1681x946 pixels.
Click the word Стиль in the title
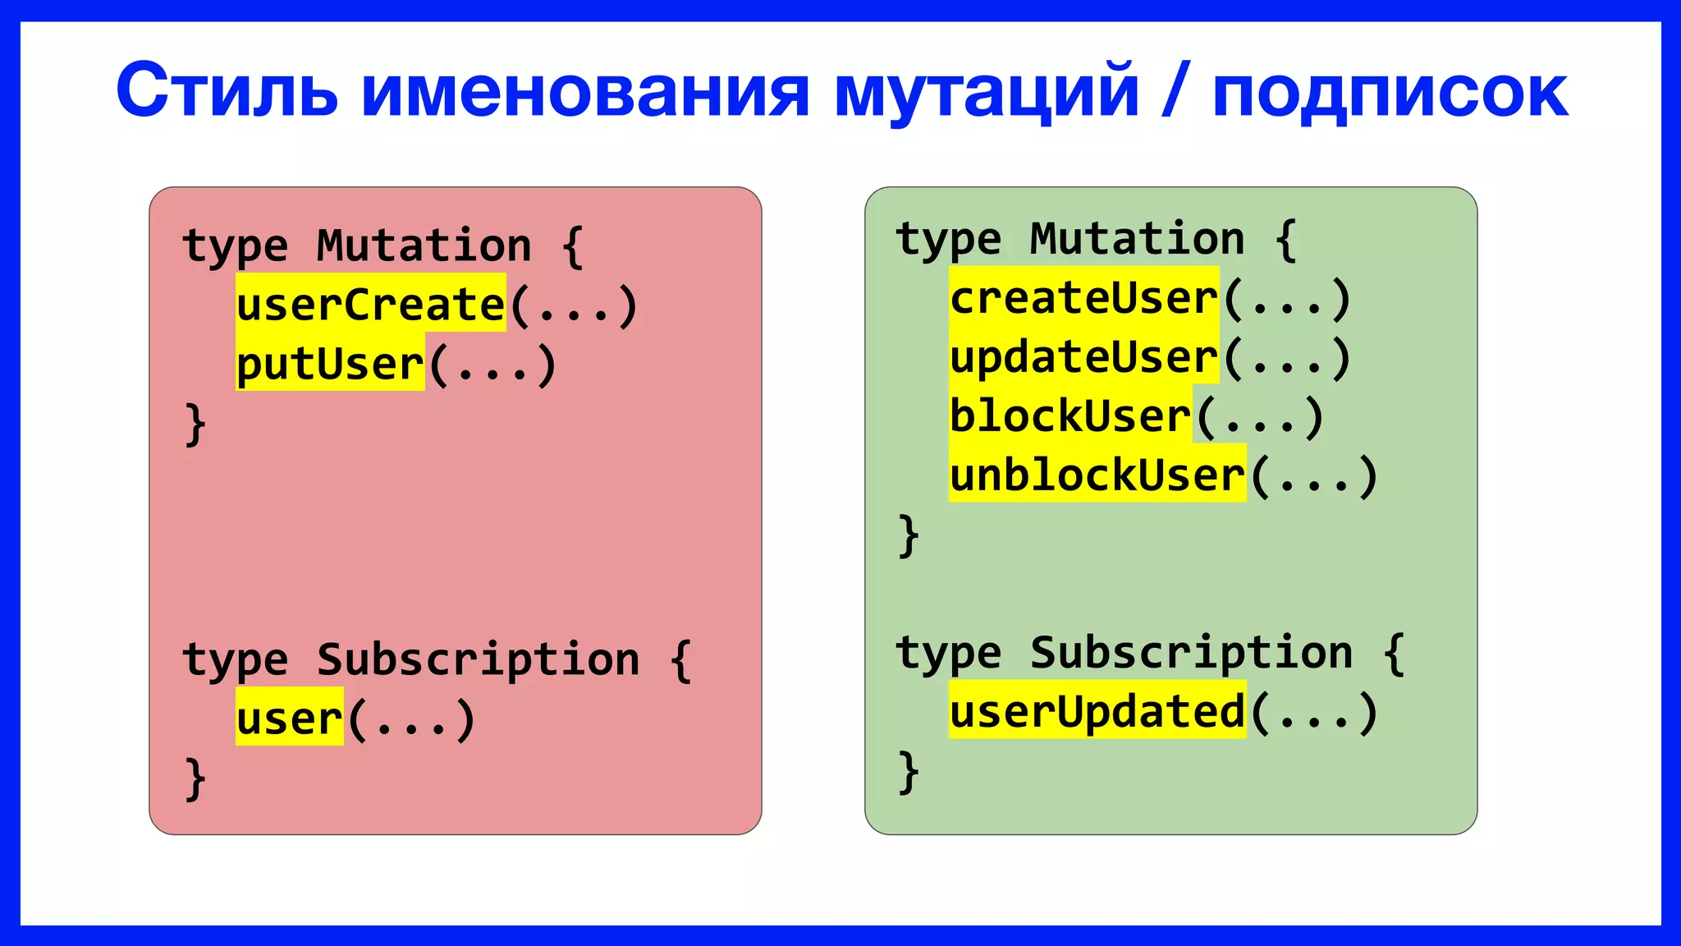pyautogui.click(x=227, y=90)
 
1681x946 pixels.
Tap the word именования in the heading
pyautogui.click(x=585, y=90)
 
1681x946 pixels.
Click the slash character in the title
pyautogui.click(x=1175, y=90)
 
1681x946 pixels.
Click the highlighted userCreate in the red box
pyautogui.click(x=371, y=304)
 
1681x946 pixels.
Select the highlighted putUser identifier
pyautogui.click(x=330, y=364)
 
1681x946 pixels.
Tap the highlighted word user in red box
pyautogui.click(x=289, y=719)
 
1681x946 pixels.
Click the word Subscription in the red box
pyautogui.click(x=478, y=659)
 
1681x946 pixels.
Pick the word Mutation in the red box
pyautogui.click(x=424, y=246)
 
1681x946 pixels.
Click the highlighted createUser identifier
pyautogui.click(x=1083, y=297)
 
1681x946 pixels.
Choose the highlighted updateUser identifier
pyautogui.click(x=1083, y=357)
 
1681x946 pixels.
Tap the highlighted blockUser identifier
pyautogui.click(x=1070, y=416)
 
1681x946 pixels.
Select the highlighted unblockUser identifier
pyautogui.click(x=1097, y=475)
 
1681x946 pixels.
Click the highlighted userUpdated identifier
pyautogui.click(x=1097, y=711)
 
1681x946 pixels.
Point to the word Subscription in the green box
pyautogui.click(x=1191, y=652)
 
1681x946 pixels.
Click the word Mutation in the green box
pyautogui.click(x=1137, y=239)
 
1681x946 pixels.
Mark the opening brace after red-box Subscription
pyautogui.click(x=680, y=660)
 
